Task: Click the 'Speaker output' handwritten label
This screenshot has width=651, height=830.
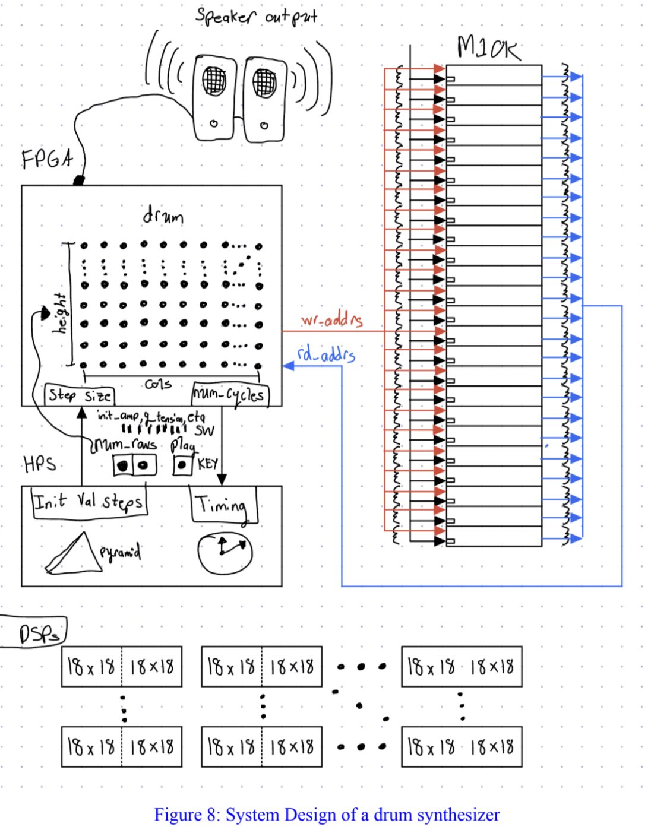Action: [257, 16]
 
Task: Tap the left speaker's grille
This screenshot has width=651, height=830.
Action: [214, 81]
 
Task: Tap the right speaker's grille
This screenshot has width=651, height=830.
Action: [265, 83]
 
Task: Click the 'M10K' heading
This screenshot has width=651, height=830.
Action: [488, 47]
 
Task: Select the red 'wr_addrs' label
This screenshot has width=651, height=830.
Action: [331, 320]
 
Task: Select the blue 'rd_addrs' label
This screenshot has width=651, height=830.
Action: [326, 354]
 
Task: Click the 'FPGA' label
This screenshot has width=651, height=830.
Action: [48, 159]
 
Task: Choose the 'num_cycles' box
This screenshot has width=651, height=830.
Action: [230, 394]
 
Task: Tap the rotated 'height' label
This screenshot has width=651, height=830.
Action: [60, 313]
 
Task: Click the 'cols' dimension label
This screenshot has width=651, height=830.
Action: [158, 384]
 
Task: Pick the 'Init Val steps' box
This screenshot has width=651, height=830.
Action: [89, 502]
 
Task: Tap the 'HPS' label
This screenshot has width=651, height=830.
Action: [40, 464]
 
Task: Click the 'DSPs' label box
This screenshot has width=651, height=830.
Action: [37, 634]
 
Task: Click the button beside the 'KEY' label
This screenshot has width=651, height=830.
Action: [182, 464]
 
